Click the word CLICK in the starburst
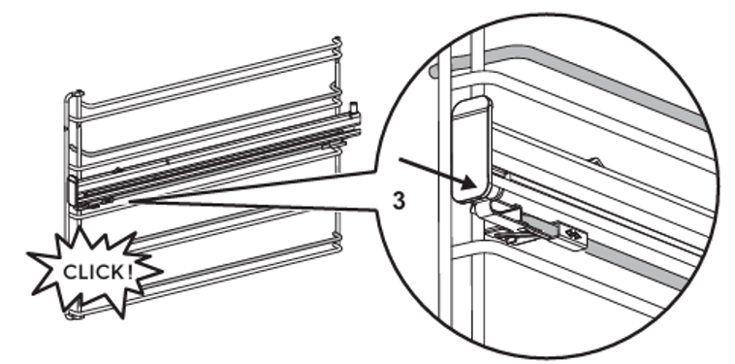point(94,272)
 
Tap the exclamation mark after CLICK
point(129,271)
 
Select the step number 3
point(398,201)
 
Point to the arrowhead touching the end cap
point(471,182)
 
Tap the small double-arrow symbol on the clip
point(572,232)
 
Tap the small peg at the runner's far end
point(354,107)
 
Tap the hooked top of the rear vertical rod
point(337,42)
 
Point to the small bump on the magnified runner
point(594,162)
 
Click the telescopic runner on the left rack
point(215,159)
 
